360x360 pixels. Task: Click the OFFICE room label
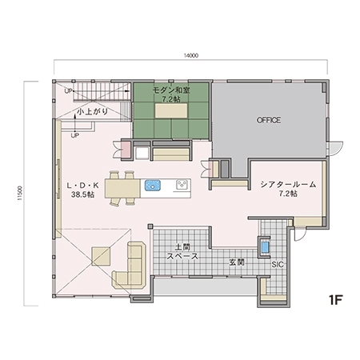tap(268, 120)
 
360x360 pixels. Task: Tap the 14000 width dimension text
tap(190, 56)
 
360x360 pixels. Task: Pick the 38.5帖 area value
tap(82, 194)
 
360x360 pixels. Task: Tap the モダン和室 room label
tap(170, 91)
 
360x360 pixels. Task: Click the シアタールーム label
tap(288, 185)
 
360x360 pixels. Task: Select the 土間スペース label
tap(182, 252)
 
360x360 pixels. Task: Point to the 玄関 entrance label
tap(235, 262)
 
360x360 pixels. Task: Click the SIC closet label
tap(278, 264)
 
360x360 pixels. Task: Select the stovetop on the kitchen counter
tap(182, 186)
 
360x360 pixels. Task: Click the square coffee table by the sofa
tap(102, 256)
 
